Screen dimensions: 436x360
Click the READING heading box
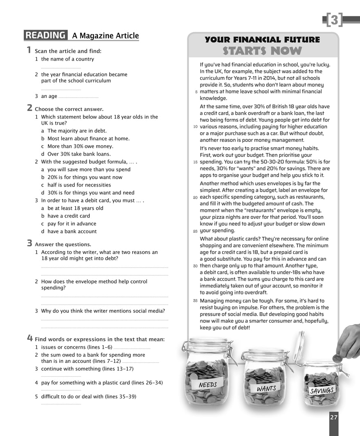(x=45, y=36)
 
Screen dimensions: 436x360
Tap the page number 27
(x=334, y=417)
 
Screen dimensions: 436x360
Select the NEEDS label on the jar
(x=207, y=385)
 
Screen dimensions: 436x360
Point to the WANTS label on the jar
(x=266, y=389)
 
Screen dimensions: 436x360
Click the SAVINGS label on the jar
(x=322, y=391)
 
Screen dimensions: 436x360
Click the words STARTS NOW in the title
(x=262, y=51)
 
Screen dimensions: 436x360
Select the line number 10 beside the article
(x=196, y=127)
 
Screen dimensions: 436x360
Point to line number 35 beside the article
(x=196, y=301)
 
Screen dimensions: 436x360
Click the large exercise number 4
(x=30, y=338)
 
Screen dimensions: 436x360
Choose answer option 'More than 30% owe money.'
(x=80, y=146)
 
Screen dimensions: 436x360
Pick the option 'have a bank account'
(x=72, y=231)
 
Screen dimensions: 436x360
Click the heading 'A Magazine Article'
(x=106, y=36)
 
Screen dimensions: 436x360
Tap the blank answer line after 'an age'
(x=78, y=97)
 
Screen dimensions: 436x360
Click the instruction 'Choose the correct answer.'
(x=69, y=109)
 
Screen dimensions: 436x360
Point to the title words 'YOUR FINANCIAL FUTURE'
(x=262, y=40)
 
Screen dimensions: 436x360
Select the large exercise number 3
(x=30, y=243)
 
